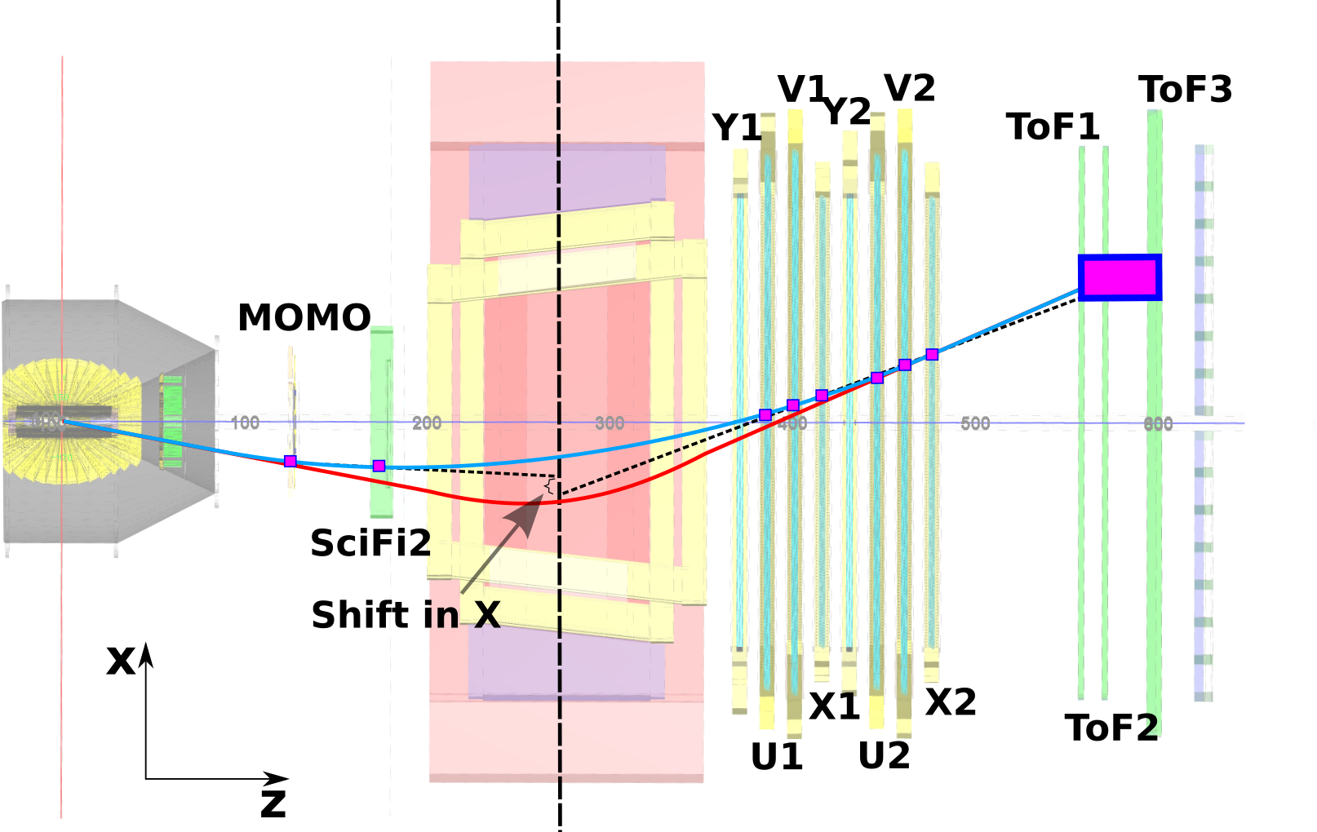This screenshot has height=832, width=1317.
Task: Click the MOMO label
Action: (304, 317)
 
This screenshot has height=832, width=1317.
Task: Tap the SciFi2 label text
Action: (370, 543)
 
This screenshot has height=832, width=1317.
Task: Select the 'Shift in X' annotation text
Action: (406, 614)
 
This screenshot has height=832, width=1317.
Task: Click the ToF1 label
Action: (1053, 126)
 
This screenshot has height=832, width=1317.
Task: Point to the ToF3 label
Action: (1185, 90)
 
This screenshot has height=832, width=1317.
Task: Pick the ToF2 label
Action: (1111, 728)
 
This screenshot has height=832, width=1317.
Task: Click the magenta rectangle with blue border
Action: (1120, 277)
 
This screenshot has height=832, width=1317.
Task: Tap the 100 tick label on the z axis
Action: (245, 423)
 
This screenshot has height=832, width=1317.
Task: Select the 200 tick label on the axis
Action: (427, 423)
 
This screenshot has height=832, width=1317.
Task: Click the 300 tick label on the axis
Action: (610, 423)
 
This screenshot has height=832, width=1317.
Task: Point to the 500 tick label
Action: (975, 423)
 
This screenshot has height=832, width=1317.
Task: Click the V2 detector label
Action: (909, 88)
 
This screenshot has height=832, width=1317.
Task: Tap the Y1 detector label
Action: (737, 127)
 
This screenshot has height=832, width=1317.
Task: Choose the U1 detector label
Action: (777, 757)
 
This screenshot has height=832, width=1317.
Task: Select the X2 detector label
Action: (951, 702)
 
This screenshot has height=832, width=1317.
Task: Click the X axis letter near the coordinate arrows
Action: (121, 662)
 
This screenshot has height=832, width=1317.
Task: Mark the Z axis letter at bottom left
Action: (273, 803)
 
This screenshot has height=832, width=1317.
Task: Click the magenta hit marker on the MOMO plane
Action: (290, 461)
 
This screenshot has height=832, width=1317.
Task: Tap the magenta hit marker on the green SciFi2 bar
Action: (379, 466)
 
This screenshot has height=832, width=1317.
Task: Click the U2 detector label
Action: (885, 756)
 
